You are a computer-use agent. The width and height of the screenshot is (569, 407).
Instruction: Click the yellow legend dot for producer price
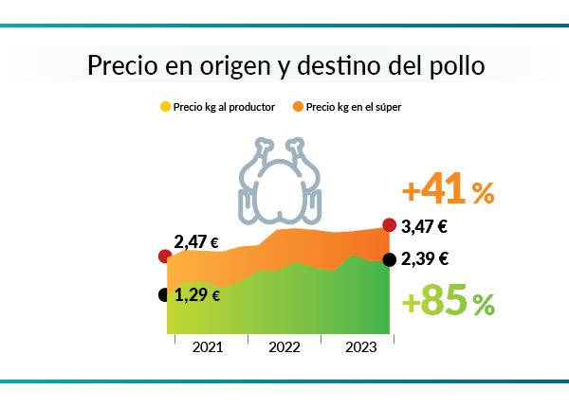tap(165, 108)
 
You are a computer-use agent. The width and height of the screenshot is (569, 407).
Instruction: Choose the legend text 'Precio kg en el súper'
tap(354, 108)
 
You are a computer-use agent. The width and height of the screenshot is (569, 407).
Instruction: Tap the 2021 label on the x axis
tap(208, 347)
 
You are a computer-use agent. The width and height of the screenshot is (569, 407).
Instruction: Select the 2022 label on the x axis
tap(284, 347)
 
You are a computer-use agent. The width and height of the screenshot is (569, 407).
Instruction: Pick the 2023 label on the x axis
tap(359, 347)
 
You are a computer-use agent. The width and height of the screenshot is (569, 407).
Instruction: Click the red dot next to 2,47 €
tap(165, 256)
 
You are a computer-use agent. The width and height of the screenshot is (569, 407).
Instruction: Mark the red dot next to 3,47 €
tap(389, 224)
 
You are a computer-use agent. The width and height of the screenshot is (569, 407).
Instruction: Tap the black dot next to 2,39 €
tap(389, 260)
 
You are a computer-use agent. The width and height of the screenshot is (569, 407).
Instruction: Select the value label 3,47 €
tap(424, 227)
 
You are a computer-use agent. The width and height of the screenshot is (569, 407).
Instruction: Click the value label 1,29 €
tap(198, 295)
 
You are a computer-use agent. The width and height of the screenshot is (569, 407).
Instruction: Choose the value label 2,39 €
tap(424, 259)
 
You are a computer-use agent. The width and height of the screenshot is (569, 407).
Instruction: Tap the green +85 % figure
tap(448, 303)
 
